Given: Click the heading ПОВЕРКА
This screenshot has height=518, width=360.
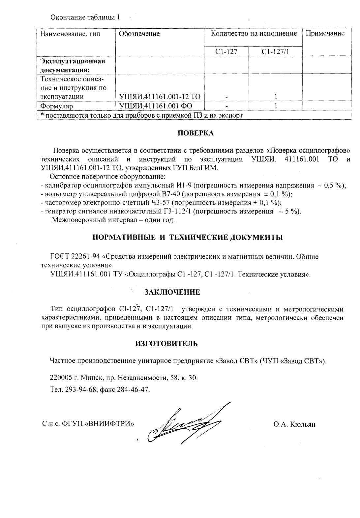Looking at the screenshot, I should tap(196, 133).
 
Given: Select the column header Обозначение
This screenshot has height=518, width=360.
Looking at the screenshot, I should tap(139, 34).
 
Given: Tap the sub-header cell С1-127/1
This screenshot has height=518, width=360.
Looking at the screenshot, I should tap(275, 52).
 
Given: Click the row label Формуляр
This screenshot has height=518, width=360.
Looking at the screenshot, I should tap(56, 106).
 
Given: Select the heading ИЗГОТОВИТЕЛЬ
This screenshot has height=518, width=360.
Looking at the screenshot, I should tap(167, 344).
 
